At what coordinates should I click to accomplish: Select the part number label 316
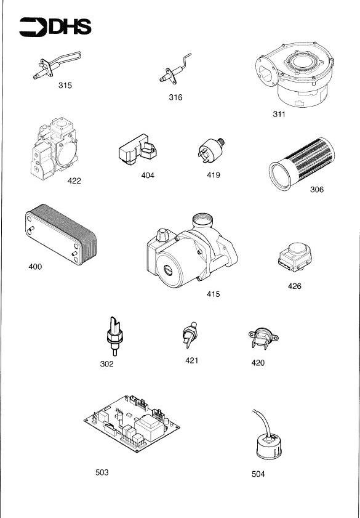[175, 97]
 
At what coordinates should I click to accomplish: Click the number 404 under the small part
[148, 176]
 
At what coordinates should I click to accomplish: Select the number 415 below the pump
[213, 294]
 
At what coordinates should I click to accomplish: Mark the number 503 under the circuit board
[102, 472]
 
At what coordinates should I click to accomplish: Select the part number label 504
[258, 474]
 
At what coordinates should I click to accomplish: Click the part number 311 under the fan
[279, 115]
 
